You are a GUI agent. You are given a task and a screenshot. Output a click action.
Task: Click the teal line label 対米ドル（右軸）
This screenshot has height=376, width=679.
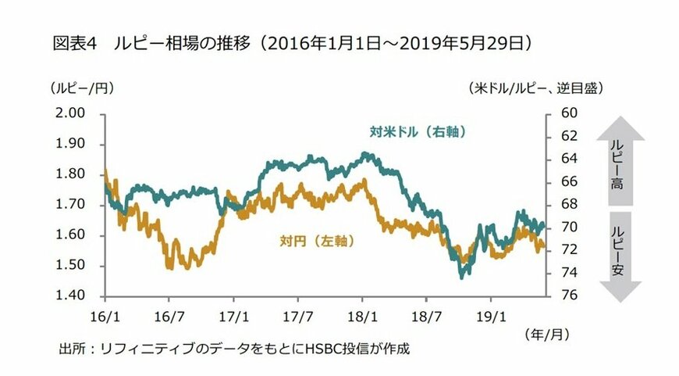click(418, 132)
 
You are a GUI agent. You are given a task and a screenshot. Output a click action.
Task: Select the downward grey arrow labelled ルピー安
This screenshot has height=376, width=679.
click(620, 255)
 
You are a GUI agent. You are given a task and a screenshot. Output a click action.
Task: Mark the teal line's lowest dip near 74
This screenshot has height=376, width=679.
click(462, 275)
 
